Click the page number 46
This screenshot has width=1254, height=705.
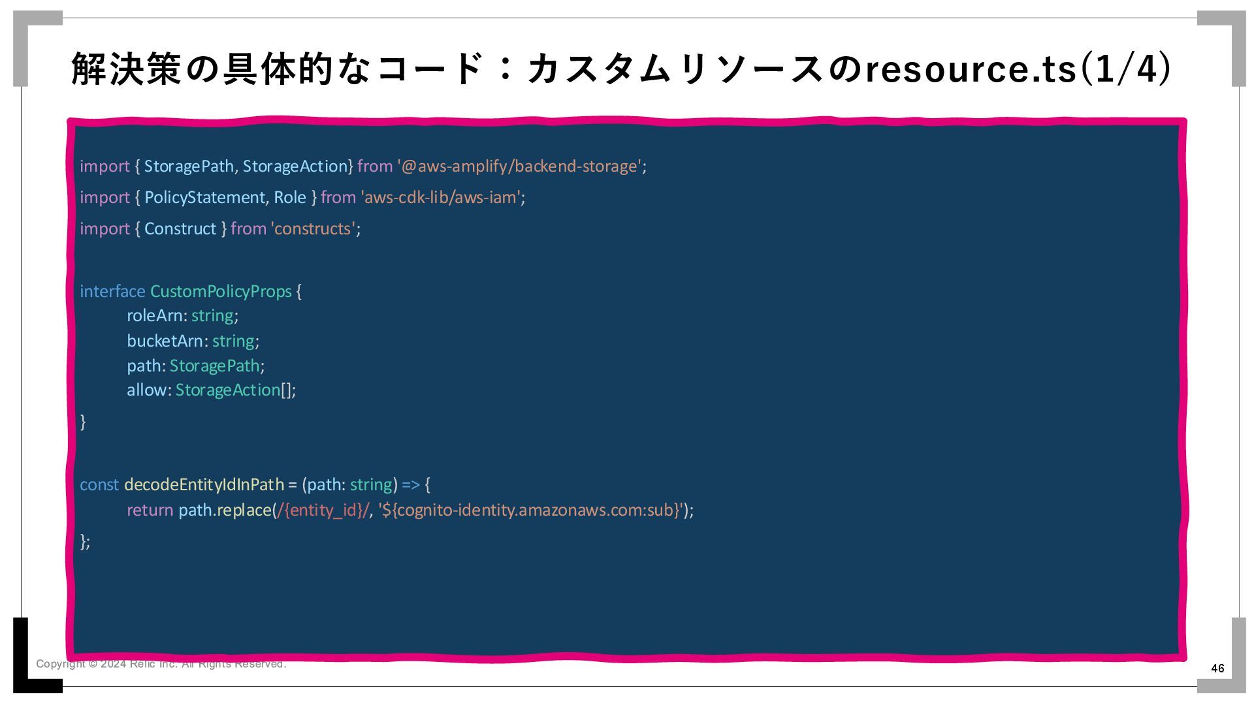point(1217,668)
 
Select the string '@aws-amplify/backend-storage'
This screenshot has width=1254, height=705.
point(520,166)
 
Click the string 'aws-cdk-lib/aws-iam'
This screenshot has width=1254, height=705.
point(442,197)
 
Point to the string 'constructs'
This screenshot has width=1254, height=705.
point(313,228)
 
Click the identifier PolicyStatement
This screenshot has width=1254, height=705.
point(204,197)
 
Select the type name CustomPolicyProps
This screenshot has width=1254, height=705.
point(221,291)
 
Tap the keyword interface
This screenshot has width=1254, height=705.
point(112,291)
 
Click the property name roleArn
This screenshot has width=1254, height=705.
point(155,316)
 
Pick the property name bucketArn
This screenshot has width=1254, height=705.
point(165,341)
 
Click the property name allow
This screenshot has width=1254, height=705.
point(147,390)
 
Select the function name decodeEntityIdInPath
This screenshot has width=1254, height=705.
point(204,484)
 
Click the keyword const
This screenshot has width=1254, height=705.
point(99,484)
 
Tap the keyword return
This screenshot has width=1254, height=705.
point(150,510)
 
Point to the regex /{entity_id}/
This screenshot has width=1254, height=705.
point(323,510)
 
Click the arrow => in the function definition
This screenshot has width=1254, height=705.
point(411,484)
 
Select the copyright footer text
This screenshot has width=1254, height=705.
point(161,664)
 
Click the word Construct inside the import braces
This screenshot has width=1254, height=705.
point(180,228)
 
